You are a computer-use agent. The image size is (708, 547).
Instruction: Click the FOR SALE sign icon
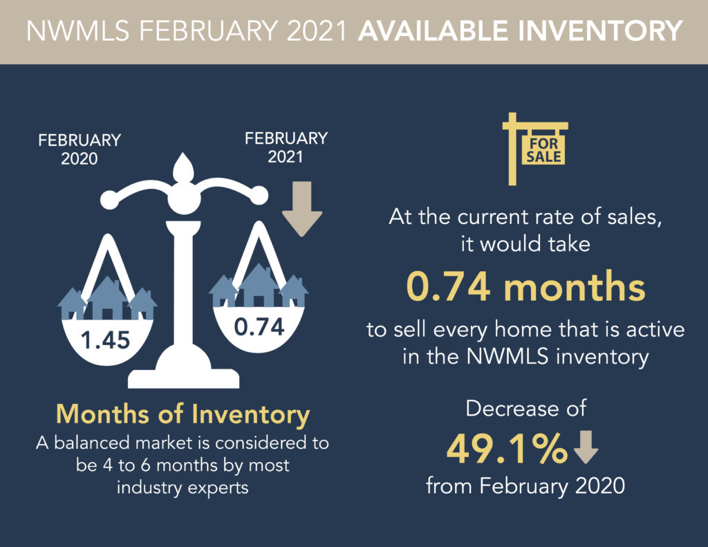[x=536, y=149]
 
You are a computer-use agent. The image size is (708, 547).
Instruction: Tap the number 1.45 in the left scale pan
[x=106, y=340]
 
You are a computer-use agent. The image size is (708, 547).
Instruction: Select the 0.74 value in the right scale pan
[x=259, y=326]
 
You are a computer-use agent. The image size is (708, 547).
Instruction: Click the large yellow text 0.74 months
[x=526, y=286]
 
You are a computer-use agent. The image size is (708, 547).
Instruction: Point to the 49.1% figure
[x=507, y=449]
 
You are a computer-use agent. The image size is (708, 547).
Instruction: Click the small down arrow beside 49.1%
[x=586, y=447]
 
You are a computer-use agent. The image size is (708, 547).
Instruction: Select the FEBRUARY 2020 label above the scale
[x=80, y=149]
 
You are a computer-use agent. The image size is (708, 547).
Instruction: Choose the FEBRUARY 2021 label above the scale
[x=286, y=147]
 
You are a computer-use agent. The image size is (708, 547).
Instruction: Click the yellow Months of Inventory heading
[x=183, y=414]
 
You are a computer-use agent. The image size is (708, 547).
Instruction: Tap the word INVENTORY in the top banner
[x=599, y=30]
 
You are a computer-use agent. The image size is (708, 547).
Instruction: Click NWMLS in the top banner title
[x=78, y=30]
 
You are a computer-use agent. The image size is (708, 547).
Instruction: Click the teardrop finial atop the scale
[x=183, y=167]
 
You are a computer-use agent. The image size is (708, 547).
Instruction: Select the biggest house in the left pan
[x=107, y=298]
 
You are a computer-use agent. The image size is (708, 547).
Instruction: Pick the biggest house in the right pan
[x=259, y=286]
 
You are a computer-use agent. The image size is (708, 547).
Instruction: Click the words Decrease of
[x=525, y=408]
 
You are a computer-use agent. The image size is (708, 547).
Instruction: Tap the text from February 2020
[x=525, y=486]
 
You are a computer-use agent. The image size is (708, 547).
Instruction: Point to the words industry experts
[x=183, y=488]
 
